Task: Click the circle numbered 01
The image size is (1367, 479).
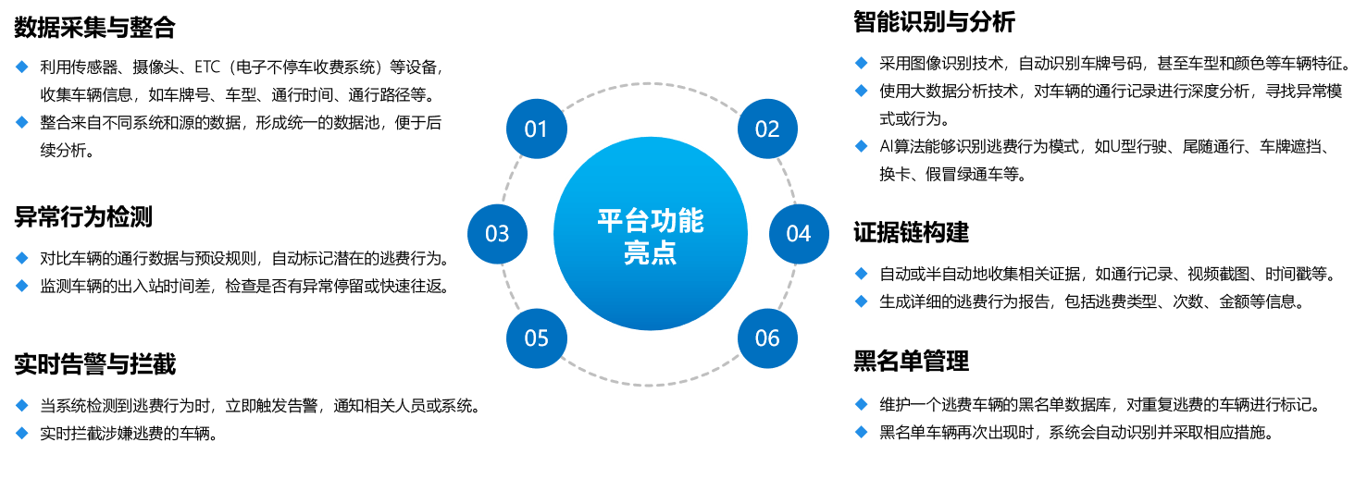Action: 537,129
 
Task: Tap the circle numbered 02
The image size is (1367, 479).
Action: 767,129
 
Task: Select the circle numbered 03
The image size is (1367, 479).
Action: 497,234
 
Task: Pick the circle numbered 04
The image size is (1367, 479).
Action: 799,234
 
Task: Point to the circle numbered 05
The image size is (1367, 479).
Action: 537,338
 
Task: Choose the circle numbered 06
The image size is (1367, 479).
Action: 767,338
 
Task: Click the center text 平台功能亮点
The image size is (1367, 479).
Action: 651,237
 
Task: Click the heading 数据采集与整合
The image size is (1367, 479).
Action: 94,28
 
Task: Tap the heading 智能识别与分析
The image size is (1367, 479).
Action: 934,22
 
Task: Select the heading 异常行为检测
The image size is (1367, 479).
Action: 83,217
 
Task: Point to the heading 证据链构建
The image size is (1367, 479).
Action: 911,232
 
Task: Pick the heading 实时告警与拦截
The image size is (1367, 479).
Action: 94,364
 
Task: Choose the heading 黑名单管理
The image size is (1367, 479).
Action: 911,361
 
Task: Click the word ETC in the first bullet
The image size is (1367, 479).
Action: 207,67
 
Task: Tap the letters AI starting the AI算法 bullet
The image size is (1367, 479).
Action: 886,147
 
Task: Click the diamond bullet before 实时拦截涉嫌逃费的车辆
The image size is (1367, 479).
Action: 22,434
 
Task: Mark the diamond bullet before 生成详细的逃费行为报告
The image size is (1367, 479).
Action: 861,301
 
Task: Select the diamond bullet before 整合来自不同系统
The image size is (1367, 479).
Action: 22,122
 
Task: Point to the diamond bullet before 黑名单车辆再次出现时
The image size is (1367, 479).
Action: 861,432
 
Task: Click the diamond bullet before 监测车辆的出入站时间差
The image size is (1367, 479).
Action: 22,286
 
